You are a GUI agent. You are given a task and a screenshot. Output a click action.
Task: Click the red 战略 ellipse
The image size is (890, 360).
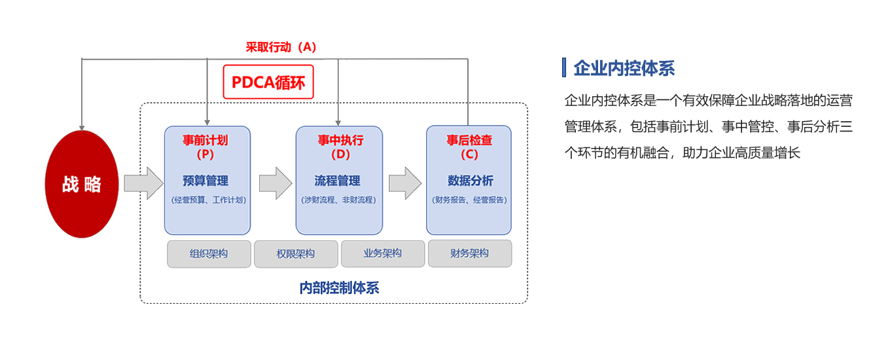82,184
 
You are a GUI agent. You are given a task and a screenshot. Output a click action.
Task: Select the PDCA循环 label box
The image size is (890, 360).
268,82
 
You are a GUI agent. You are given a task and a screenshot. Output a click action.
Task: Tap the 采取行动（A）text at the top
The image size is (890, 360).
281,47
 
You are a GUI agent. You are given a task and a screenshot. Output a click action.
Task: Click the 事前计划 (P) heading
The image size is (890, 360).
205,147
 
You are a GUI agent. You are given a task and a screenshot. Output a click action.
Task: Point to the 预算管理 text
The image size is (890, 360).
205,181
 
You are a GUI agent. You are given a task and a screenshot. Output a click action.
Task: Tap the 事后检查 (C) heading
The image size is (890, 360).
470,147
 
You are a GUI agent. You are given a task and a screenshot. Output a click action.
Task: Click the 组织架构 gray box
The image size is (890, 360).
209,254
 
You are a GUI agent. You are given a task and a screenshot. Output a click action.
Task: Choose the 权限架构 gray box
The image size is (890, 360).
296,254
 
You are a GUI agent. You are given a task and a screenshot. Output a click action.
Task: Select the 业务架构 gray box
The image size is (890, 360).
383,253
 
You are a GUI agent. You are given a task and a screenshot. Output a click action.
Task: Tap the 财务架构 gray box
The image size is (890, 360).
470,253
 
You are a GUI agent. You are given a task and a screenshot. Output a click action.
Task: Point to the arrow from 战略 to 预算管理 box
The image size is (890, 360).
143,183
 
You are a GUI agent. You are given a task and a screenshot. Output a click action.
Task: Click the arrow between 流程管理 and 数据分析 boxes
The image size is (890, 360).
405,183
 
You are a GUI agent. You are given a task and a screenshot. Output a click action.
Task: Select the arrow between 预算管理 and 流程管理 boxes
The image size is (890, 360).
276,183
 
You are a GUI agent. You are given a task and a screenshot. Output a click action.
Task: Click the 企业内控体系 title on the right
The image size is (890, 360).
624,68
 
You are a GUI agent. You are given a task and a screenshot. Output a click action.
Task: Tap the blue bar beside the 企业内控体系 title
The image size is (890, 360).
564,67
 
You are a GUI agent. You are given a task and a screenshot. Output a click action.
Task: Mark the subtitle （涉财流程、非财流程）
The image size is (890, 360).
339,200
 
